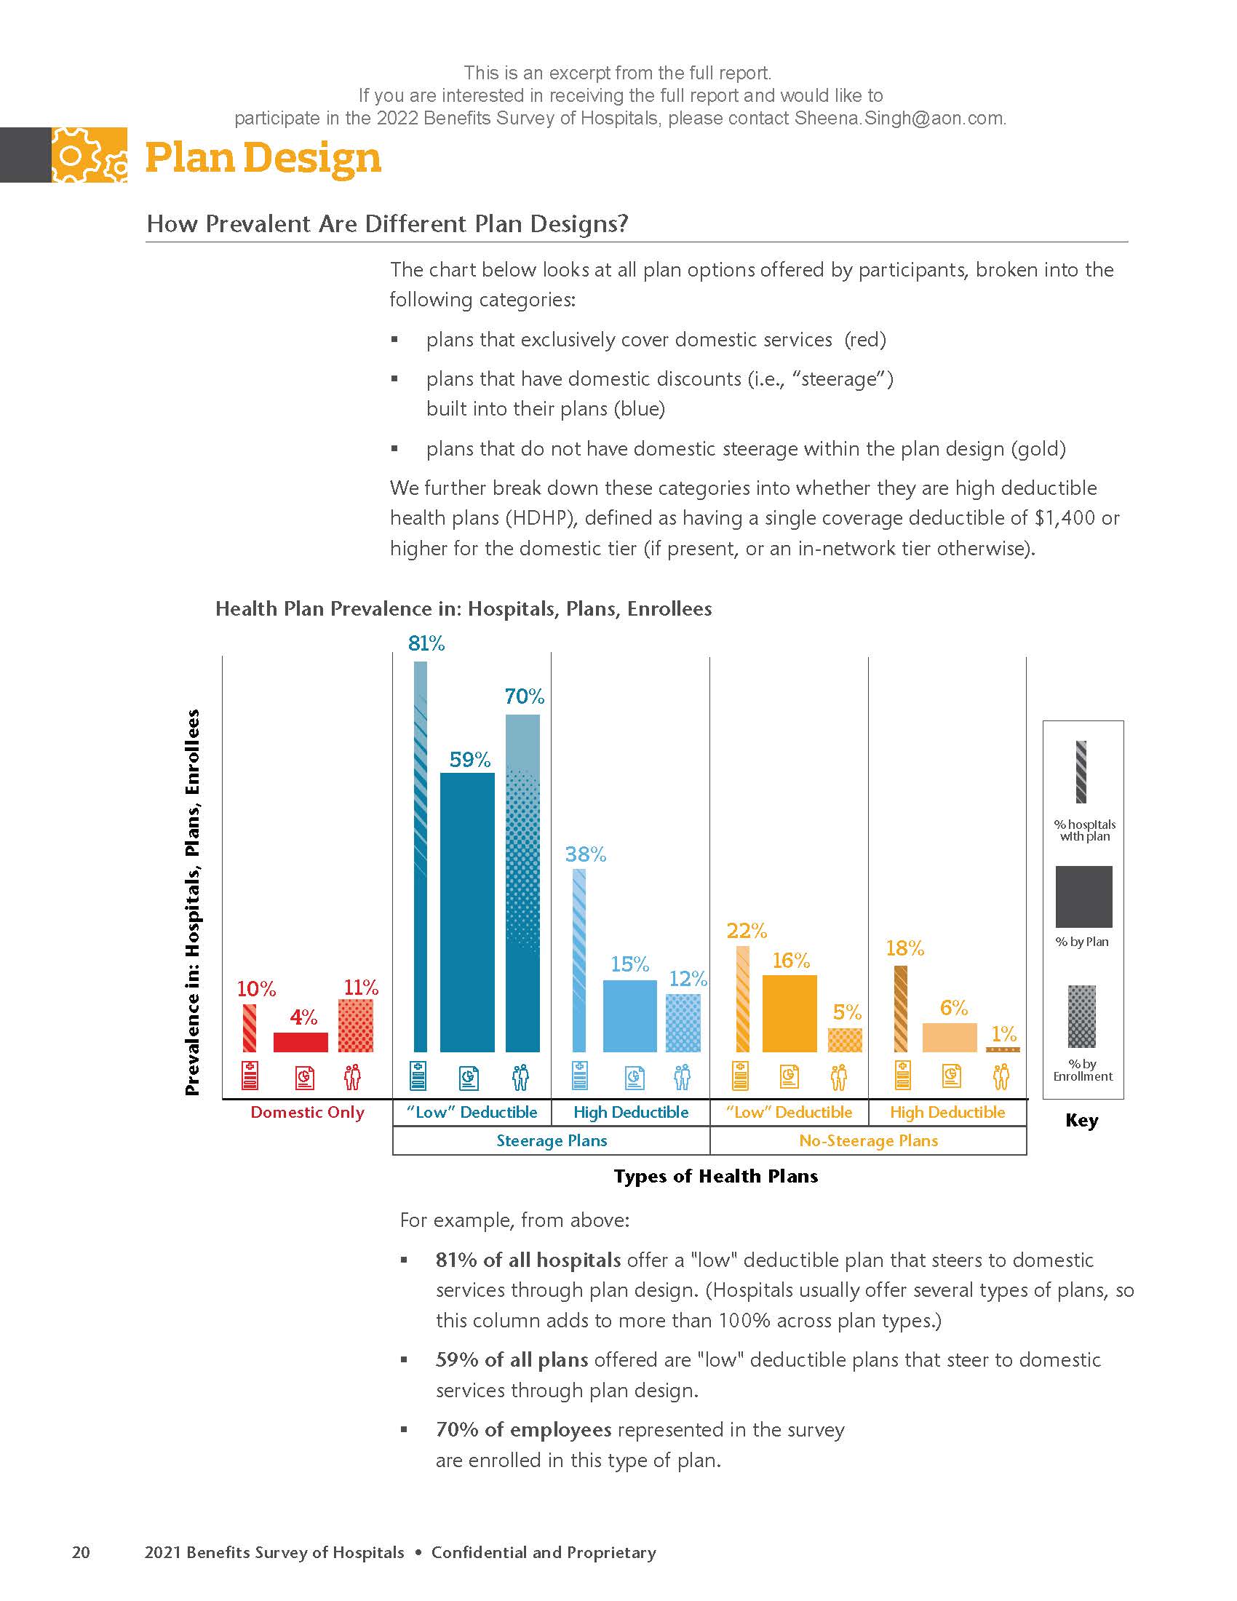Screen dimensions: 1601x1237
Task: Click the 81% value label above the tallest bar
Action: (426, 643)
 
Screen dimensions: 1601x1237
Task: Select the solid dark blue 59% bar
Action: (467, 912)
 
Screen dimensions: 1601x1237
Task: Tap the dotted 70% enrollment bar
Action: (522, 883)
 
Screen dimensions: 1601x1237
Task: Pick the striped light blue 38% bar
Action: (579, 960)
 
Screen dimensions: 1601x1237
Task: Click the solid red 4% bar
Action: (301, 1041)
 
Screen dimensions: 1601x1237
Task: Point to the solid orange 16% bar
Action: (789, 1013)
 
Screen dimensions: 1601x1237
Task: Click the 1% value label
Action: (1003, 1033)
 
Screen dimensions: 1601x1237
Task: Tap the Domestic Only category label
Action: (307, 1112)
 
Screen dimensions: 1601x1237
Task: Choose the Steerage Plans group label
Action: (551, 1140)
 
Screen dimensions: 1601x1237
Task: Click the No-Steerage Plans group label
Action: (868, 1140)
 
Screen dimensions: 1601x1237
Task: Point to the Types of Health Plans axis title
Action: (715, 1176)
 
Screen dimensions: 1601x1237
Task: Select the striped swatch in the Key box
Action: (1081, 772)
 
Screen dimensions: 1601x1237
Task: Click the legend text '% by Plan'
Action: (1081, 942)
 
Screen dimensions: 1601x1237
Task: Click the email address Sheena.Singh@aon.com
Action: (899, 119)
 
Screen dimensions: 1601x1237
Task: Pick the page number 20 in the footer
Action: (81, 1552)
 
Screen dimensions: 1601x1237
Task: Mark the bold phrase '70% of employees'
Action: (523, 1429)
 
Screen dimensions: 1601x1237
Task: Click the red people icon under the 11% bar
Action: (352, 1077)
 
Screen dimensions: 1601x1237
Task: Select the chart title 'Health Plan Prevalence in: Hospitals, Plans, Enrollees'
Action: (463, 608)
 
